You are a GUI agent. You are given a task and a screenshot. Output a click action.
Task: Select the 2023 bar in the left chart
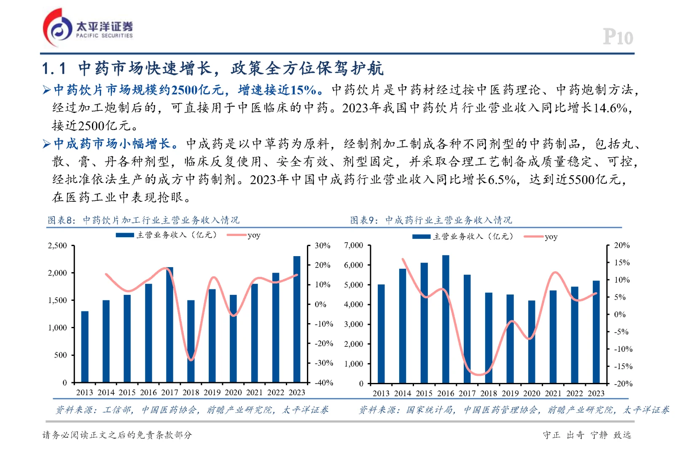(x=297, y=319)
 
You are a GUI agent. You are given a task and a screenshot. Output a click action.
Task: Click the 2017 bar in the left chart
(x=169, y=324)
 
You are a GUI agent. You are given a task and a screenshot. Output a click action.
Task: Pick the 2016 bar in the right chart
(x=446, y=319)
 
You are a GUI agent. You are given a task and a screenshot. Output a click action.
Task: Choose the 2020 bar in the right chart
(x=532, y=342)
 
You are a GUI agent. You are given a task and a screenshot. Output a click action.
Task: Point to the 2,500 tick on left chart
(x=57, y=246)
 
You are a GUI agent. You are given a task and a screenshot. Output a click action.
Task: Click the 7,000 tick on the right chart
(x=353, y=245)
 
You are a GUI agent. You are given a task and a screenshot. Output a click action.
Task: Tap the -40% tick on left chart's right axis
(x=324, y=383)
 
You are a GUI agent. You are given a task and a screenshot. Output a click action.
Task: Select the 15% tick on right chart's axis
(x=622, y=262)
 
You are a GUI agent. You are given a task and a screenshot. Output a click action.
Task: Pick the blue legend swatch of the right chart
(x=421, y=237)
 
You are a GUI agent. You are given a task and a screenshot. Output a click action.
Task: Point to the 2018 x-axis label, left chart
(x=191, y=392)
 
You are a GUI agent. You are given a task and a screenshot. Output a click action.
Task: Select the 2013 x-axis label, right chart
(x=381, y=393)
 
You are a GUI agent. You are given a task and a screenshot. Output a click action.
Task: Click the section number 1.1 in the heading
(x=54, y=69)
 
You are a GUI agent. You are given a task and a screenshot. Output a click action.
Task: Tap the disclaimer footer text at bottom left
(x=117, y=435)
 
